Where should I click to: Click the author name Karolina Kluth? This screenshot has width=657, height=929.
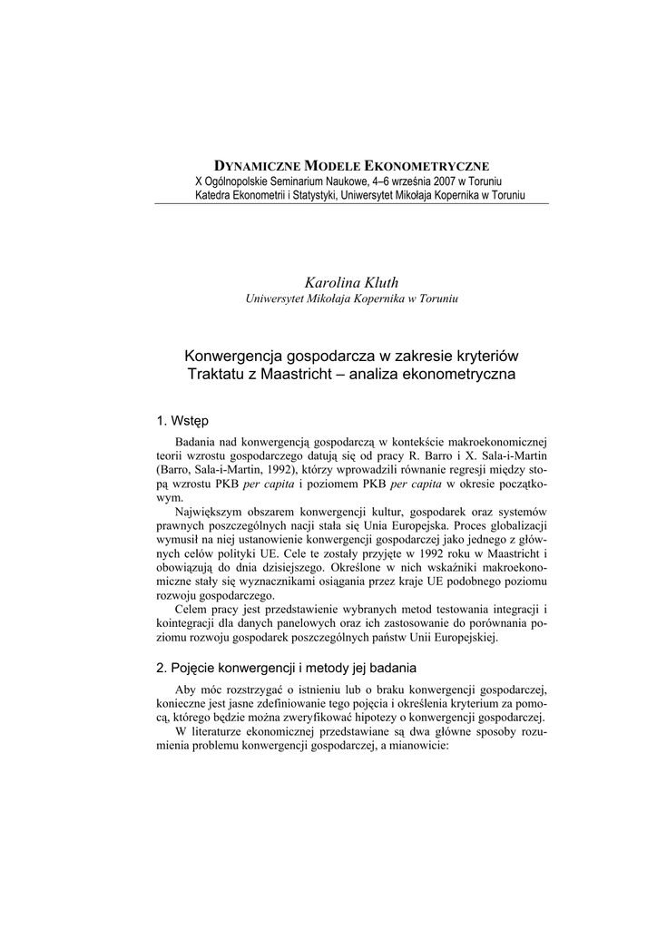click(352, 282)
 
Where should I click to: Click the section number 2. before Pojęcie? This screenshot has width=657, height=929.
click(162, 668)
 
